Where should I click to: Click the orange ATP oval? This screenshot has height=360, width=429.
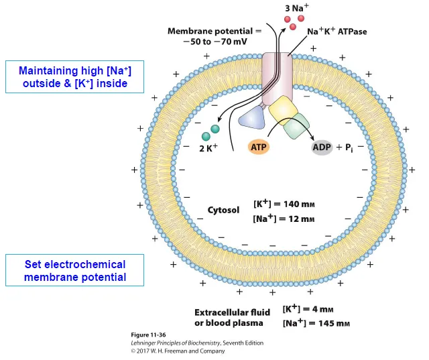click(x=258, y=146)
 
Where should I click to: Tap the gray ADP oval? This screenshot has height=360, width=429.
click(x=322, y=147)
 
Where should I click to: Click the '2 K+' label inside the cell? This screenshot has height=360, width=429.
click(x=209, y=148)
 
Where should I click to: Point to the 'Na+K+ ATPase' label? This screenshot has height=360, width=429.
click(x=337, y=32)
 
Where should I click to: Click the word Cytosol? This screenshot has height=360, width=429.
click(x=223, y=210)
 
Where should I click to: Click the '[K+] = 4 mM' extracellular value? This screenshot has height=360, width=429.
click(x=308, y=309)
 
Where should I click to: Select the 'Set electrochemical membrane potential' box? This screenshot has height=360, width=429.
click(x=75, y=270)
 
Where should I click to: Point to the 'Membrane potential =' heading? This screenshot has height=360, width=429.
click(x=210, y=31)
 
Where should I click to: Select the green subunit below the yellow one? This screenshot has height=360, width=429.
click(x=296, y=126)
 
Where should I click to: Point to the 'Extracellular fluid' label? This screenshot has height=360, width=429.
click(x=232, y=312)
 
